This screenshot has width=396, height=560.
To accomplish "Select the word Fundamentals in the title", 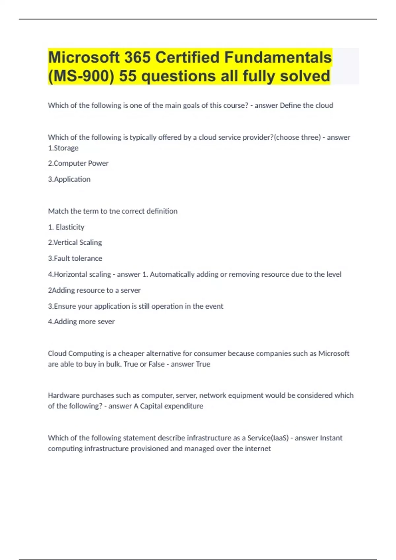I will click(x=278, y=58).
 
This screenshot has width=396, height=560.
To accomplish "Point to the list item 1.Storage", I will click(x=63, y=148).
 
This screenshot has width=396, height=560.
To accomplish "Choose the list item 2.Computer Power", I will click(x=78, y=163).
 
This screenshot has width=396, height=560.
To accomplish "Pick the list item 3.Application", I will click(x=69, y=179).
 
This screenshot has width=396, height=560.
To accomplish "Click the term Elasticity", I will click(x=70, y=227).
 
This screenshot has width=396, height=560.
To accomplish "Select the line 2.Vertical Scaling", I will click(x=75, y=242).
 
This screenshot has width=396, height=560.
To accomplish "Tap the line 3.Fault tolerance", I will click(x=75, y=259).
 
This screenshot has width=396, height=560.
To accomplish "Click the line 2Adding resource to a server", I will click(x=94, y=290).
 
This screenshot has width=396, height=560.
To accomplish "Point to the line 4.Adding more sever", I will click(x=81, y=322).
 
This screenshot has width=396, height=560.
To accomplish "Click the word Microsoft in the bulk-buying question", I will click(x=334, y=353).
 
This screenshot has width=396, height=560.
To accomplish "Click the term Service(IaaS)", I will click(x=268, y=438).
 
